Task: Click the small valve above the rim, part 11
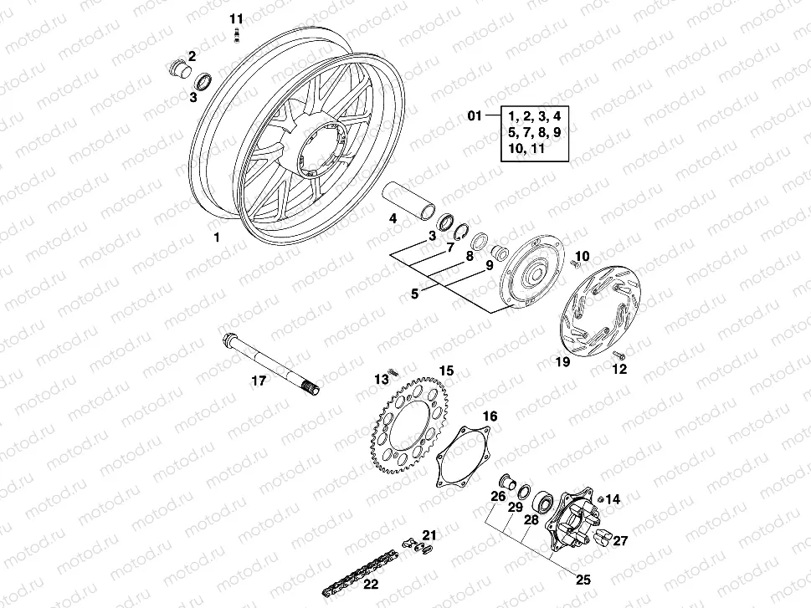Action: click(237, 33)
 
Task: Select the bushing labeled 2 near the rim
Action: click(177, 69)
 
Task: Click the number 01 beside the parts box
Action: click(475, 116)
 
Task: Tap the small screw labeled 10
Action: click(575, 264)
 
